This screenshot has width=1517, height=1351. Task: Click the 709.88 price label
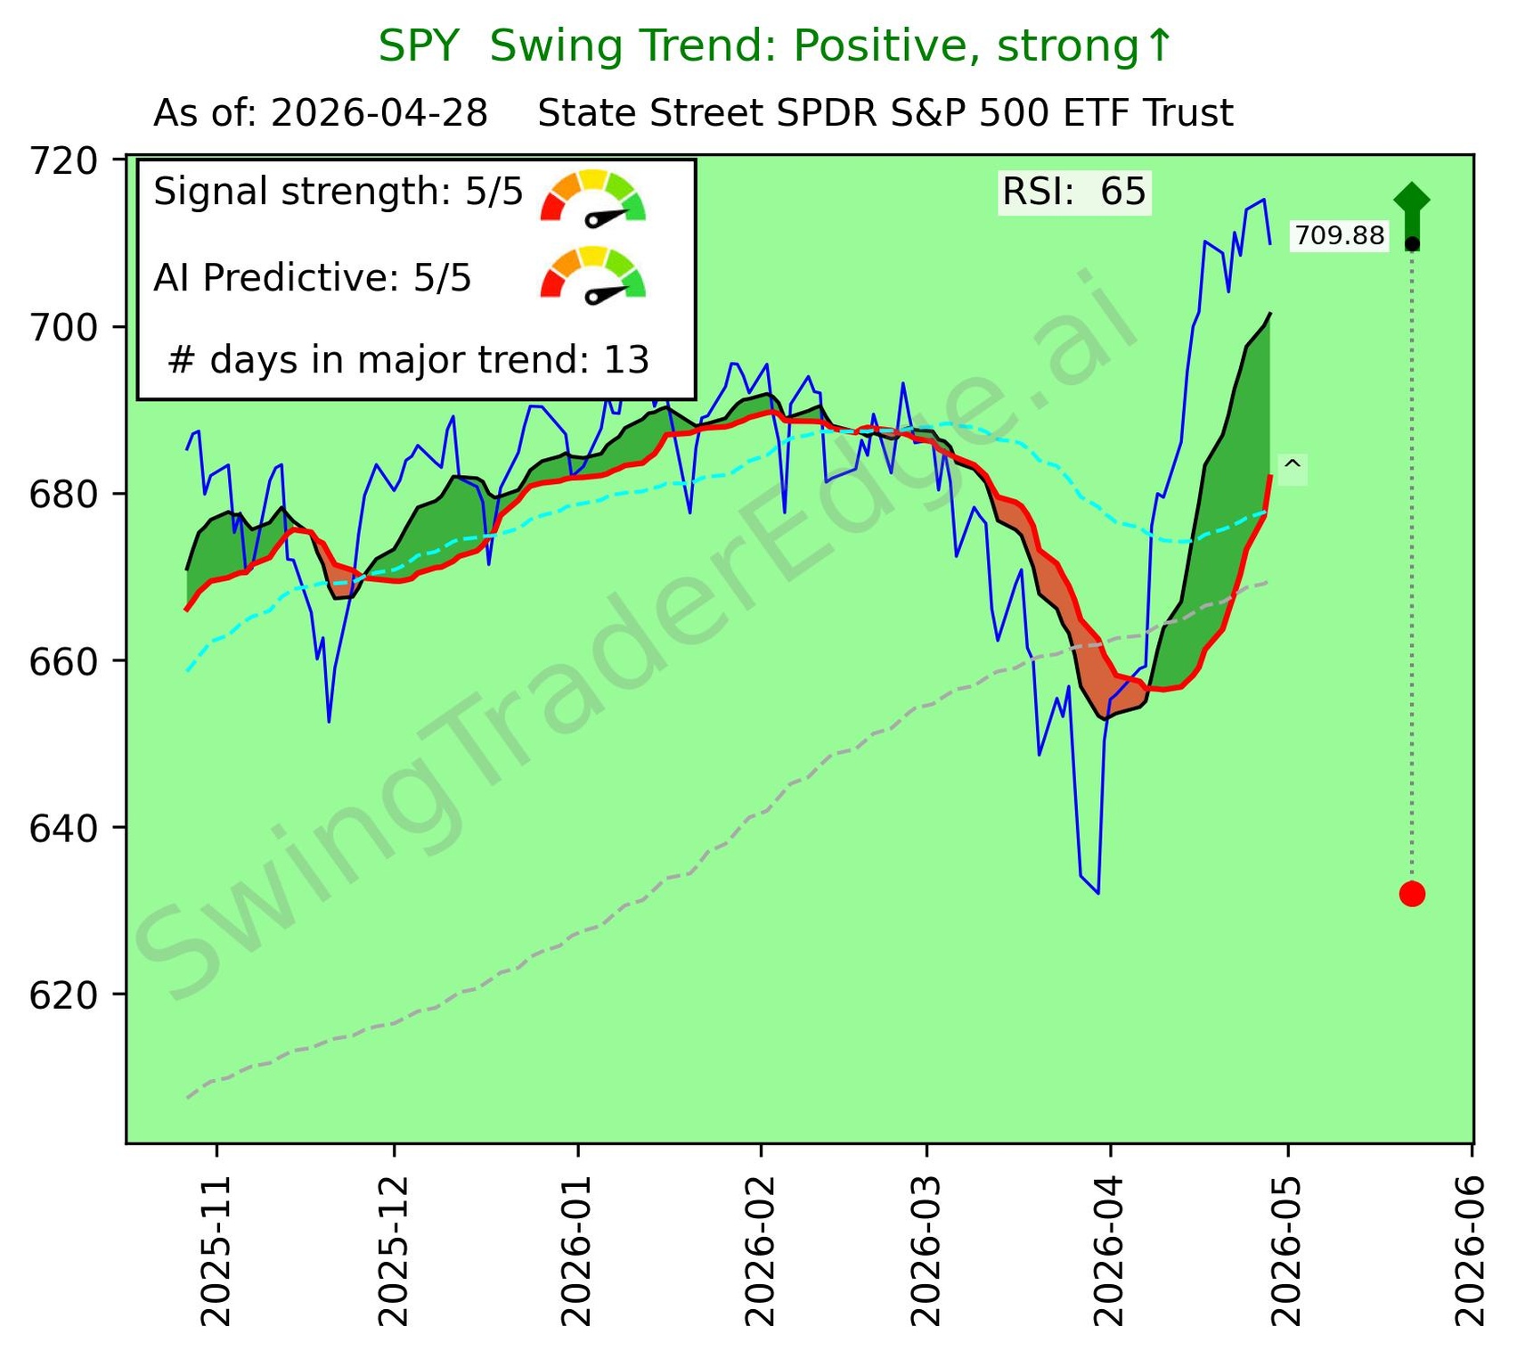pyautogui.click(x=1339, y=236)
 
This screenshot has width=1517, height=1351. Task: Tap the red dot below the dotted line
pyautogui.click(x=1412, y=893)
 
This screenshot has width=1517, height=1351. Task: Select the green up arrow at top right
pyautogui.click(x=1412, y=210)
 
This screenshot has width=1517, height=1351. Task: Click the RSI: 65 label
pyautogui.click(x=1074, y=192)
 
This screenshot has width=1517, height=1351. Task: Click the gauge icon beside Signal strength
pyautogui.click(x=593, y=197)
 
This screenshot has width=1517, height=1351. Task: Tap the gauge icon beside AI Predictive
pyautogui.click(x=593, y=275)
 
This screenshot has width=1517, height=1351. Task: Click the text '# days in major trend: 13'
pyautogui.click(x=408, y=360)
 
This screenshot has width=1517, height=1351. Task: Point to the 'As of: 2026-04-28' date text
pyautogui.click(x=321, y=114)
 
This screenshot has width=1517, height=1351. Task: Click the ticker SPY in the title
pyautogui.click(x=419, y=46)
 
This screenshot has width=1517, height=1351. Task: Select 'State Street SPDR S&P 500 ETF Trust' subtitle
pyautogui.click(x=885, y=114)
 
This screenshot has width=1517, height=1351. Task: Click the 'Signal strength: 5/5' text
pyautogui.click(x=338, y=192)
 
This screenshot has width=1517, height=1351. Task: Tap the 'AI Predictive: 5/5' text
pyautogui.click(x=313, y=278)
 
